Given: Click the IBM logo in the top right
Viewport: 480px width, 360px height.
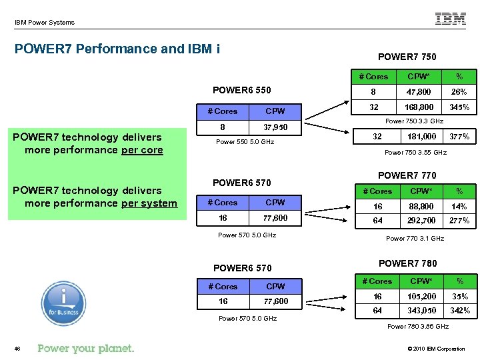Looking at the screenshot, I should coord(451,19).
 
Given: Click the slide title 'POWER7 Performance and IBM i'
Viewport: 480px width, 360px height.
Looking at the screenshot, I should coord(117,49).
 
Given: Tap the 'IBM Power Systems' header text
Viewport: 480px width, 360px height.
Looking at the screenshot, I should coord(45,23).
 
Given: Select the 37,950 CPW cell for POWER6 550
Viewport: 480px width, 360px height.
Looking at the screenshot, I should coord(275,127).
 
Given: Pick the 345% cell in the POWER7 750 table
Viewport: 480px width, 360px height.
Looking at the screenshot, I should coord(459,107).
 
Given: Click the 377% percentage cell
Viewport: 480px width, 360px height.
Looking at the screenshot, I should coord(459,137).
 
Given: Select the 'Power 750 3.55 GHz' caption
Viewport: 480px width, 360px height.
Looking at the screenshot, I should coord(415,153).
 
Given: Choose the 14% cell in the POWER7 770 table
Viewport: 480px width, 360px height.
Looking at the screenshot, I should coord(459,207).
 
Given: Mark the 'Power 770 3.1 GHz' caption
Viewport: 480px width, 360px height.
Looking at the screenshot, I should coord(415,238).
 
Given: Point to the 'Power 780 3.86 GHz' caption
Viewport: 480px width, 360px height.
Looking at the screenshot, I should coord(418,327).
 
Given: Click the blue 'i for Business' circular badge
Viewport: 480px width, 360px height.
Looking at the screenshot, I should coord(63,303).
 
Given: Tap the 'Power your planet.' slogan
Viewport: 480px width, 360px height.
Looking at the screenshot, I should coord(86,348).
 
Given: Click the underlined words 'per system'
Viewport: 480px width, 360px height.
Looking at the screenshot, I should coord(149,203).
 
